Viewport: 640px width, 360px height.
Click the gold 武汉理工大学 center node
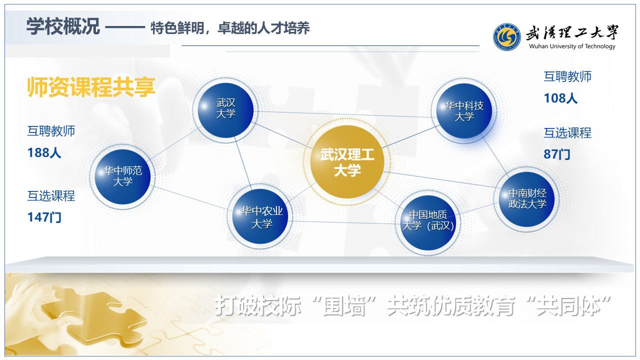[347, 162]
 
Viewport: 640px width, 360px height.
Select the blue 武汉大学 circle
[225, 110]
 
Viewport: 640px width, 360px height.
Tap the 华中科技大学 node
[464, 111]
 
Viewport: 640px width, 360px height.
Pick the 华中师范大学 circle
[122, 176]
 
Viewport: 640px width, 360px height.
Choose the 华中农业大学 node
[261, 216]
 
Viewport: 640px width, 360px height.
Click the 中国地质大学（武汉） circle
[428, 223]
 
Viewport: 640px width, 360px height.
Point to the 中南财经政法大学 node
[527, 199]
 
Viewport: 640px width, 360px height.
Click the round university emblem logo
[507, 37]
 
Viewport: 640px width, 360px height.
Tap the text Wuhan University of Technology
[572, 46]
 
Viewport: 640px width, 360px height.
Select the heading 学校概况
[63, 26]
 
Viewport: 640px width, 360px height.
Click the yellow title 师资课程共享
[91, 87]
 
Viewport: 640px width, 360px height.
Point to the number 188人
[44, 153]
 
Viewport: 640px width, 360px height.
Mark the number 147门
[44, 217]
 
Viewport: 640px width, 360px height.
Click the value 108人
[560, 98]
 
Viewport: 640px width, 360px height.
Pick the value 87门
[557, 154]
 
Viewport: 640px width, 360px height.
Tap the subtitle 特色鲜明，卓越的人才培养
[230, 28]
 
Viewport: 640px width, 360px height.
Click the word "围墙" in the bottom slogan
[345, 305]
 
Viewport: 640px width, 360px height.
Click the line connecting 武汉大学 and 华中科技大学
[345, 114]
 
